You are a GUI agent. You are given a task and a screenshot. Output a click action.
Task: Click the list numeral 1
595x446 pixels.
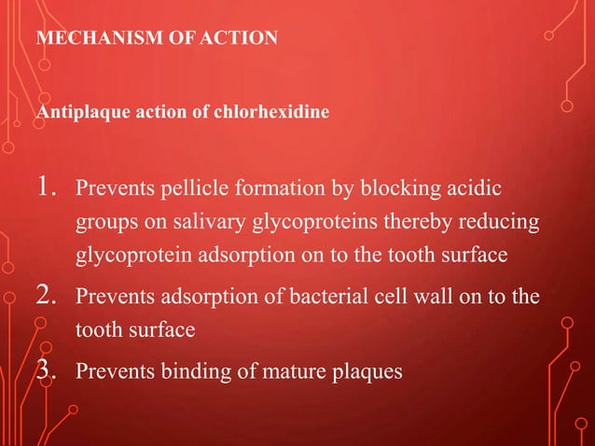pos(47,190)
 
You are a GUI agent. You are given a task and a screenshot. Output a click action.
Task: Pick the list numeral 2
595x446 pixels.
pos(48,300)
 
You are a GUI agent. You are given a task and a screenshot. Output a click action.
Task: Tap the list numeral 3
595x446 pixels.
pos(48,370)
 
